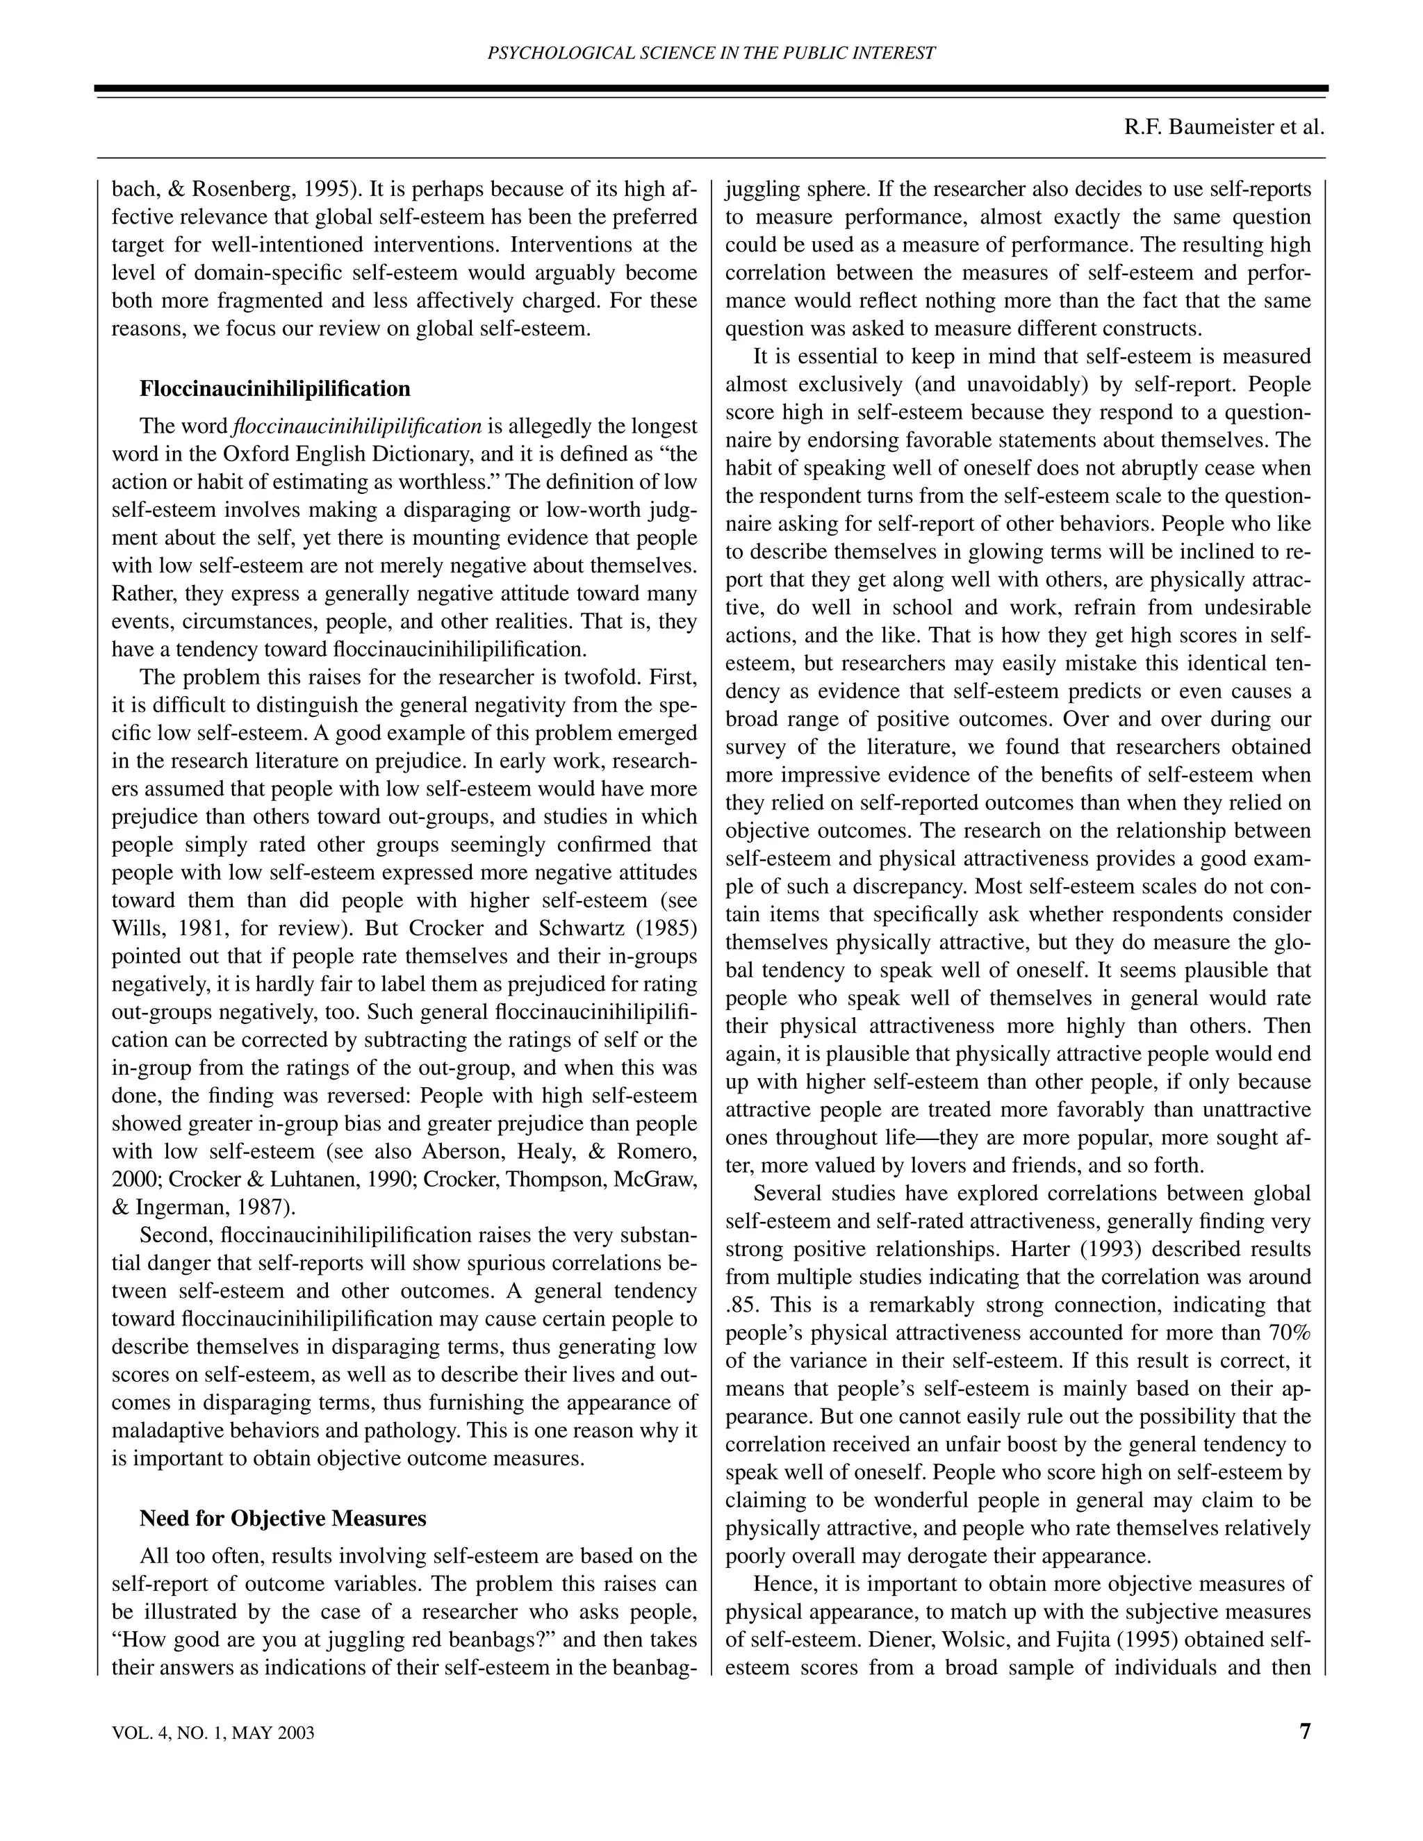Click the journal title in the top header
(x=711, y=53)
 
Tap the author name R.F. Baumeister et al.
(x=1224, y=127)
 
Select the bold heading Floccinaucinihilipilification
(x=275, y=388)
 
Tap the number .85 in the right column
(x=739, y=1305)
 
